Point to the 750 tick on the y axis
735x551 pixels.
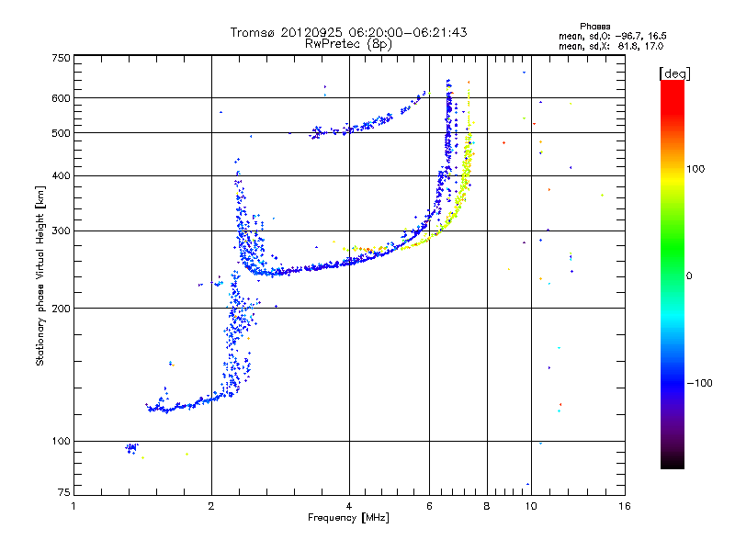click(x=61, y=58)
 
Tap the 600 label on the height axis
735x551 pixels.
click(x=61, y=98)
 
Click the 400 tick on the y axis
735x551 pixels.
click(x=61, y=175)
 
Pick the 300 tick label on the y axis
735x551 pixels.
click(x=61, y=231)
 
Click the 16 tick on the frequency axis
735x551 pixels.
click(x=624, y=506)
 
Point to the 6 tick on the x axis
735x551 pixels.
click(x=430, y=506)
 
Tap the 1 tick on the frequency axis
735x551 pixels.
click(x=74, y=506)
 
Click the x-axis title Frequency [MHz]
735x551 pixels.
click(x=348, y=519)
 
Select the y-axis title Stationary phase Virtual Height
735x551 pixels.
click(x=40, y=275)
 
